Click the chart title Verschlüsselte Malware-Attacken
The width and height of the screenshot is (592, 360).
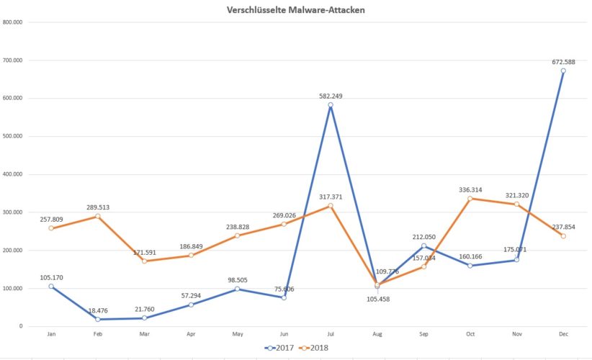click(295, 10)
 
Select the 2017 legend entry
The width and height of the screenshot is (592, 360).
click(282, 347)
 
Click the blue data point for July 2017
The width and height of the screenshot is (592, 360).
click(331, 105)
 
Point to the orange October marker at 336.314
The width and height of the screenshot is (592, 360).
click(470, 199)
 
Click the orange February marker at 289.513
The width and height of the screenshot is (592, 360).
click(97, 216)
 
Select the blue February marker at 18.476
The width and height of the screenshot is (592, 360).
click(97, 319)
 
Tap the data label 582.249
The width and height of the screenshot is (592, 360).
click(331, 95)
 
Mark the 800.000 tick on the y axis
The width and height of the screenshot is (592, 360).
click(13, 22)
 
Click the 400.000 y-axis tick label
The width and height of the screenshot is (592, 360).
click(13, 174)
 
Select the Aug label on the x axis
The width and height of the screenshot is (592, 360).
click(377, 335)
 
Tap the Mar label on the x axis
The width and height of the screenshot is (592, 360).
click(145, 335)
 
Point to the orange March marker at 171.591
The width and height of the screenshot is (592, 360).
click(145, 261)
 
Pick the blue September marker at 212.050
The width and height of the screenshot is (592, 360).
click(423, 246)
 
